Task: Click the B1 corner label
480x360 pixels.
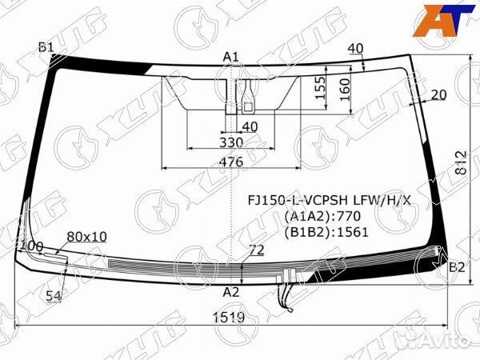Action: coord(46,48)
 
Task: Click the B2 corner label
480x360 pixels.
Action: coord(456,267)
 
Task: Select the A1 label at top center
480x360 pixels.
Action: coord(231,56)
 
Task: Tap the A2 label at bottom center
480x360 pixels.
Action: coord(231,291)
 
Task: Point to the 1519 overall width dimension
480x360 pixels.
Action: coord(230,317)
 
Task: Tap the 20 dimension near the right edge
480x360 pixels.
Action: coord(438,95)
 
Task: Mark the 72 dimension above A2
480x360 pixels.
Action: coord(256,251)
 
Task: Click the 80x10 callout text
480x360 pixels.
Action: coord(86,236)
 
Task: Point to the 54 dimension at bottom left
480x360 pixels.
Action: coord(54,296)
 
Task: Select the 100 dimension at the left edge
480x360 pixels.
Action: coord(31,246)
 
